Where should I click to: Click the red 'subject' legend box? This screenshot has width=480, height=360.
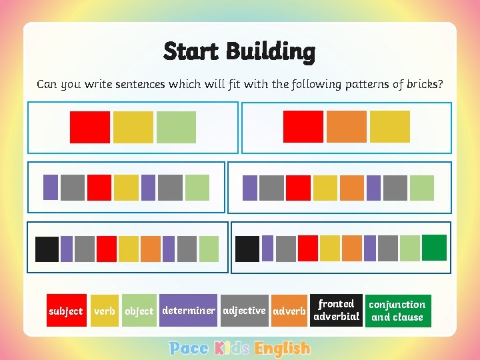coord(65,311)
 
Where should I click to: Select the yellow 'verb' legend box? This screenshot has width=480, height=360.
coord(105,311)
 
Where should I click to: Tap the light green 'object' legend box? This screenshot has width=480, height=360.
coord(139,311)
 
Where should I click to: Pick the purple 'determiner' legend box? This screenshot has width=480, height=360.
coord(189,310)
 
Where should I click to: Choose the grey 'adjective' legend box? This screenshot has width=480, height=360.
coord(244,310)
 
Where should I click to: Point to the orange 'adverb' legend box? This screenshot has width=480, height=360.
coord(289,311)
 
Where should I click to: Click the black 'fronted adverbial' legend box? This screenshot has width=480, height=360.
coord(336,310)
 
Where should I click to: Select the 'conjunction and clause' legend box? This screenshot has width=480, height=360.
coord(397,311)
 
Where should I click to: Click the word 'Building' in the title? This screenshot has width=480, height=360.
coord(270,51)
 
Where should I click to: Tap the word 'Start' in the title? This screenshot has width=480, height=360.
coord(191,51)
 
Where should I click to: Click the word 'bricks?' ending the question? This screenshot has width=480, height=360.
coord(423,84)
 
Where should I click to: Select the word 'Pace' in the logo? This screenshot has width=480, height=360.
coord(189,348)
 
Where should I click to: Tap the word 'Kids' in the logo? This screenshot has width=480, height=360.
coord(232,348)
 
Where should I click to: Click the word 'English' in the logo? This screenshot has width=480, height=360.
coord(283,348)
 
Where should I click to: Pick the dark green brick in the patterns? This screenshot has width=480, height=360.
coord(435,247)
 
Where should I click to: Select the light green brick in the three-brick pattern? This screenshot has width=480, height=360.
coord(176,127)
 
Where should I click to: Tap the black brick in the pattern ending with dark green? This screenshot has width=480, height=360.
coord(247,249)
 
